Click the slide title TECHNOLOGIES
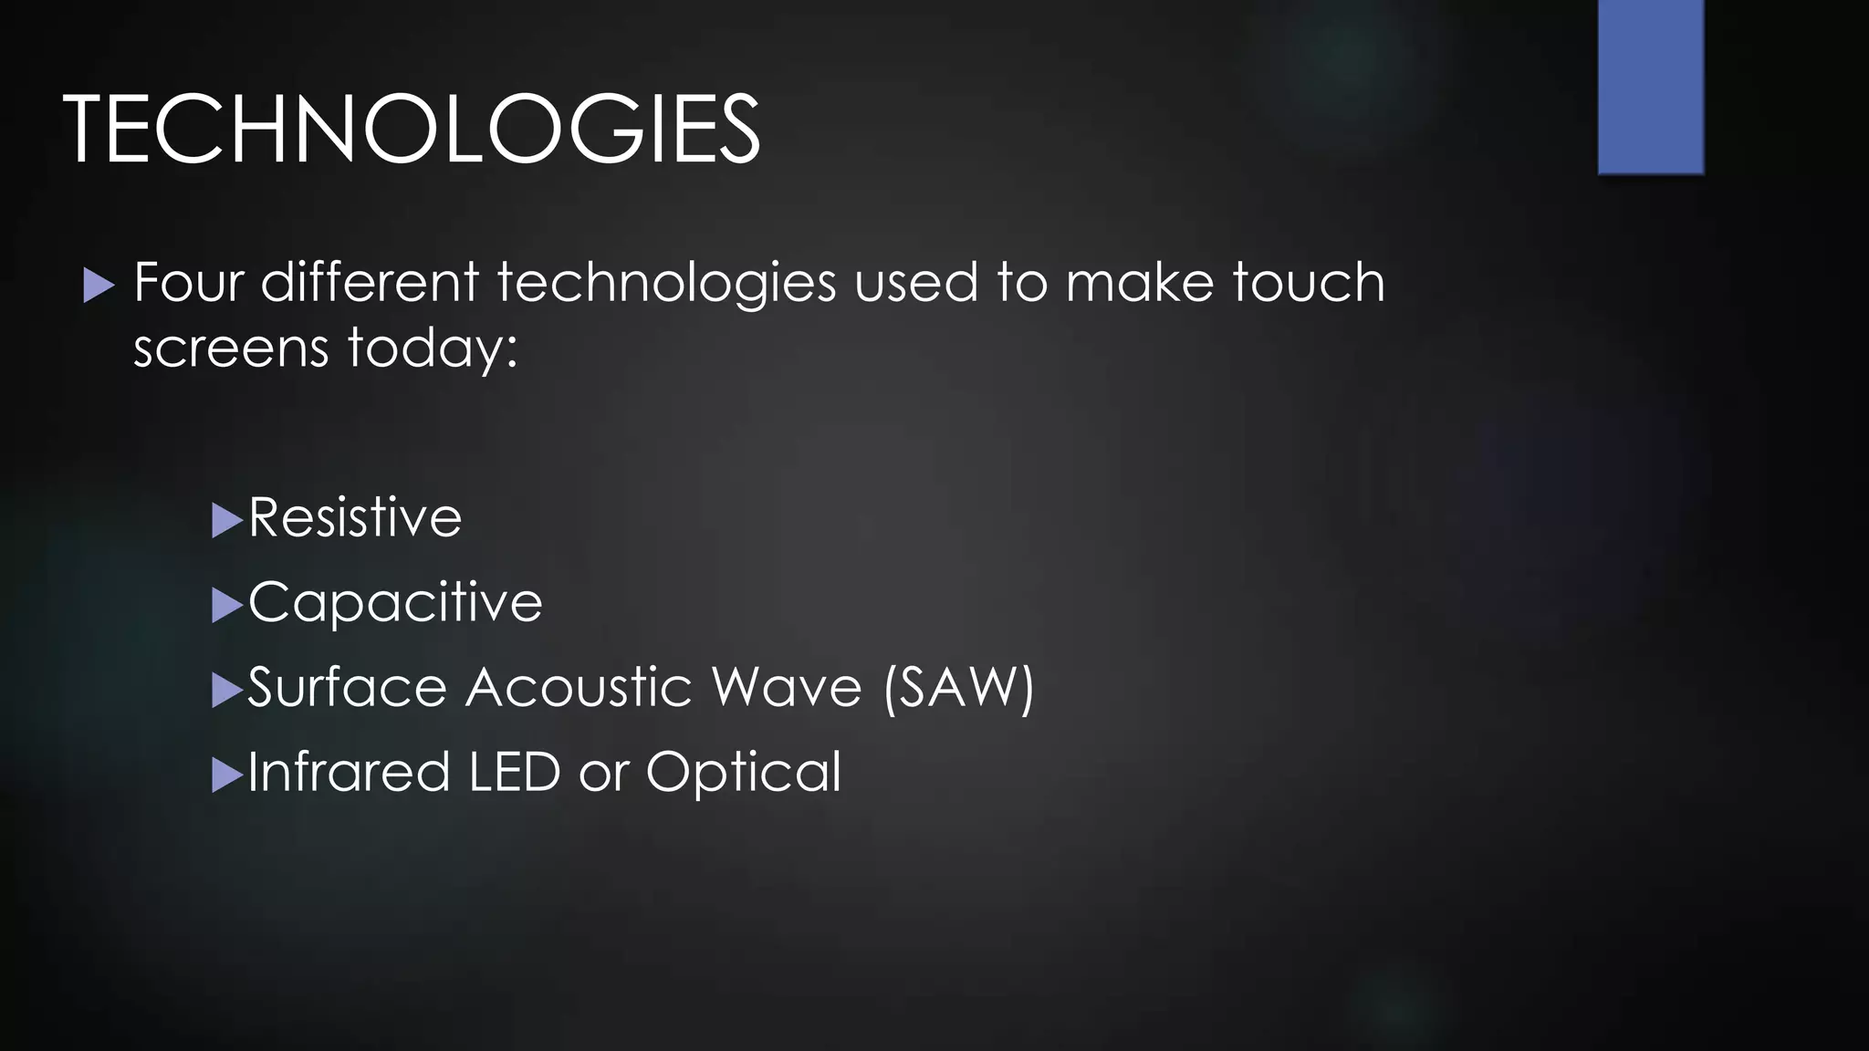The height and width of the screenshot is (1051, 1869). click(x=411, y=130)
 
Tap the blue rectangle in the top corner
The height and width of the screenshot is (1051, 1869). click(x=1651, y=86)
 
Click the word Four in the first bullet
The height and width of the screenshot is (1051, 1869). click(x=188, y=282)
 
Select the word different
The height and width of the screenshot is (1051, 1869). click(x=370, y=282)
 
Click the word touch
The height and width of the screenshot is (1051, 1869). click(x=1309, y=282)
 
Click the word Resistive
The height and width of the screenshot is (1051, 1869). click(x=355, y=517)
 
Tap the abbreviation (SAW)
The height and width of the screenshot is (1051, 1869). click(x=958, y=688)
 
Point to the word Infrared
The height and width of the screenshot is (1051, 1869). click(x=349, y=772)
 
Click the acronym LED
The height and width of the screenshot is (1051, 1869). click(x=514, y=772)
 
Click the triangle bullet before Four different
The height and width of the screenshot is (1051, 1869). click(x=98, y=286)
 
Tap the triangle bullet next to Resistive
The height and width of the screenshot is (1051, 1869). click(x=226, y=521)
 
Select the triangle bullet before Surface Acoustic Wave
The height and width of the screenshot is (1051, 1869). click(x=226, y=691)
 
